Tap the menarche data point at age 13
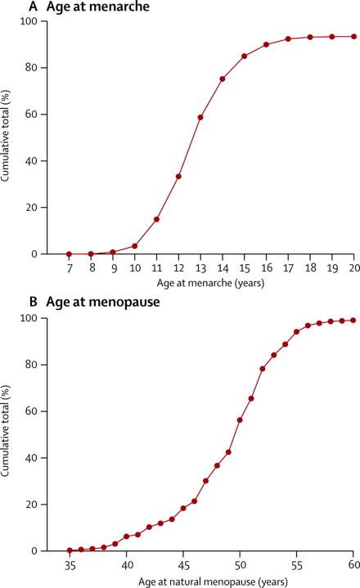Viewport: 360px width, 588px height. (x=200, y=117)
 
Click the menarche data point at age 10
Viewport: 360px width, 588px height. (x=134, y=245)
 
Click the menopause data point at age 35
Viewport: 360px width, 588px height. (x=70, y=550)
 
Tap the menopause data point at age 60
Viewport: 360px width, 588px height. (x=353, y=321)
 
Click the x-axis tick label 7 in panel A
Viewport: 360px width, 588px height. (x=69, y=267)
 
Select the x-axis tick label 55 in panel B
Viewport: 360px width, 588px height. (x=296, y=563)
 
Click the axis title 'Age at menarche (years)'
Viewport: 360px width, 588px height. (x=210, y=282)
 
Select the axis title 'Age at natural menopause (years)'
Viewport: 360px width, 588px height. (x=210, y=578)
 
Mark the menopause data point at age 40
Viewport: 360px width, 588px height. (x=126, y=536)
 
